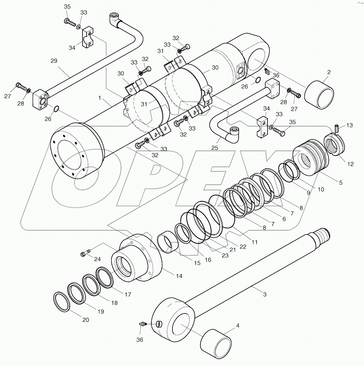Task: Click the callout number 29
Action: pos(54,61)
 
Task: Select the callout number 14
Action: pos(179,276)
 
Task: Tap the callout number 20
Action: pos(86,320)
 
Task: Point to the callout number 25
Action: pos(215,148)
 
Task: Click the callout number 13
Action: pos(350,125)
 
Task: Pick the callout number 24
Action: pos(97,259)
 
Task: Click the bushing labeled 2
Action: pos(319,94)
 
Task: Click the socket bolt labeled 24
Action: pos(85,253)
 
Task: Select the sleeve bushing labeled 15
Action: pos(168,242)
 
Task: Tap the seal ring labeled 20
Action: pos(62,302)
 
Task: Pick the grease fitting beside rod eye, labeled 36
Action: pos(142,324)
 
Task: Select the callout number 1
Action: pos(100,98)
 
